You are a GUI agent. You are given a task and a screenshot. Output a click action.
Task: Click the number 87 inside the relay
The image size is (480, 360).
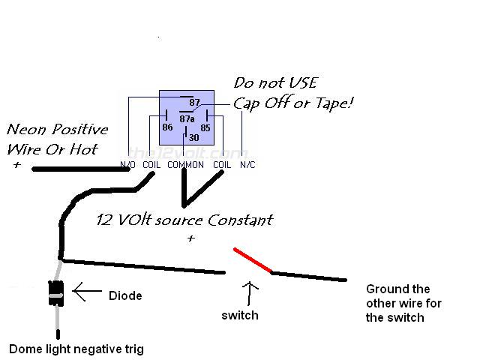pos(194,102)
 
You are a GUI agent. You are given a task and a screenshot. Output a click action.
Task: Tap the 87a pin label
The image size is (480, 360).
pos(187,118)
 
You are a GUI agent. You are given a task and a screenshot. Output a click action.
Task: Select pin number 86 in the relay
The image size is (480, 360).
pos(167,127)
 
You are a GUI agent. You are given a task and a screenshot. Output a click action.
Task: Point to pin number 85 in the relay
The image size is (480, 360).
pos(205,127)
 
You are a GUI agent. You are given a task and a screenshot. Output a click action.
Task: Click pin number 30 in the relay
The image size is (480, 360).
pos(193,138)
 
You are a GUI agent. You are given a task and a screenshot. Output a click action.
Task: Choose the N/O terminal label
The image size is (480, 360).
pos(127,165)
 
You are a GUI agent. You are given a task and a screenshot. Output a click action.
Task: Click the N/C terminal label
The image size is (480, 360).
pos(247,165)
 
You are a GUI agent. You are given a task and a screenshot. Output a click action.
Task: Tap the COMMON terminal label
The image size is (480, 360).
pos(185,165)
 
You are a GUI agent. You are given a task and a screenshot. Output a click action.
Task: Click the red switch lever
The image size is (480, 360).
pos(253,260)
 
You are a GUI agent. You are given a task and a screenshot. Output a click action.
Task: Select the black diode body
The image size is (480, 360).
pos(56,293)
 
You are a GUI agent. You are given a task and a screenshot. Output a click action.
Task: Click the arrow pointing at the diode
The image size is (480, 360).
pos(87,291)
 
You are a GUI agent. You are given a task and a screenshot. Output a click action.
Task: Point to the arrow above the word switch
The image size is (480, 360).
pos(250,293)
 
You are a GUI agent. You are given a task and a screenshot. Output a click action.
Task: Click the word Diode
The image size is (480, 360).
pos(125,295)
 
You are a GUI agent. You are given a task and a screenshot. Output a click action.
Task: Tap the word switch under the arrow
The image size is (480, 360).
pos(240,315)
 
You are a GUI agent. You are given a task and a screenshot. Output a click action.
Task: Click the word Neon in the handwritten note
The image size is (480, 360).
pos(28,130)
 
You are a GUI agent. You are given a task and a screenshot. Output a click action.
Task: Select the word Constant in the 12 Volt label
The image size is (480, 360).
pos(240,220)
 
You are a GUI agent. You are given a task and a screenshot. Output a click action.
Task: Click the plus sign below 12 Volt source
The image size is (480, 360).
pos(191,238)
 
